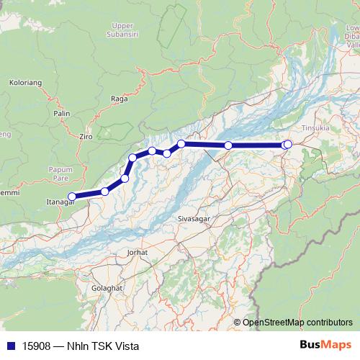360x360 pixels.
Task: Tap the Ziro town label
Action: click(86, 135)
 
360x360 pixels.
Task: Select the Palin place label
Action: click(61, 113)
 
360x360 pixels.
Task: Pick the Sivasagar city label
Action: click(191, 216)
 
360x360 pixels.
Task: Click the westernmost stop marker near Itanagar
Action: click(72, 196)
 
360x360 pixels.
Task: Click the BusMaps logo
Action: click(323, 345)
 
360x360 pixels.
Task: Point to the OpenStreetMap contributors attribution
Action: click(298, 323)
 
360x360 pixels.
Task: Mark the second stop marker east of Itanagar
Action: click(125, 178)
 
